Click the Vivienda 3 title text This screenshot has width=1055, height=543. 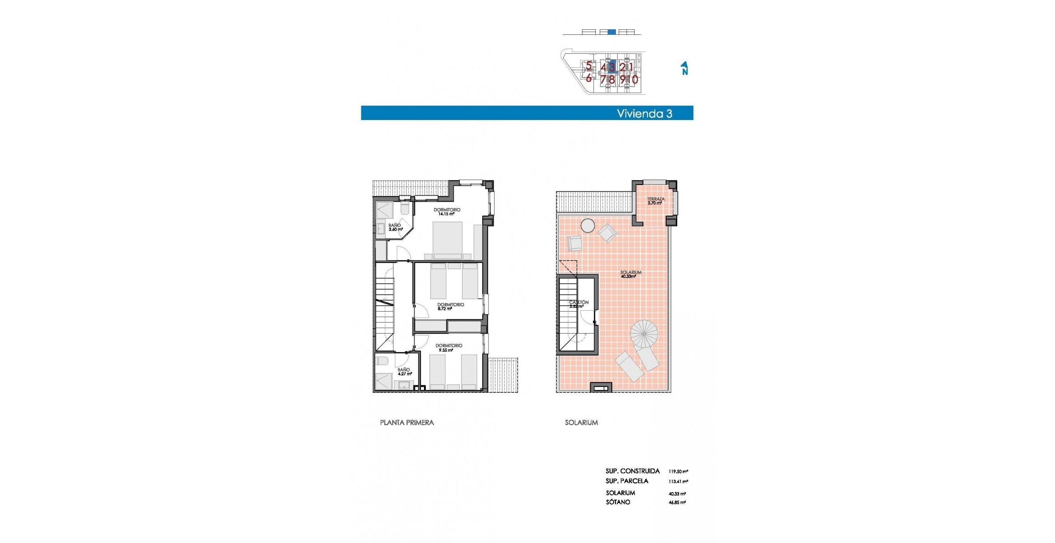point(644,114)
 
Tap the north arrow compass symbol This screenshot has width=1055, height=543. point(684,68)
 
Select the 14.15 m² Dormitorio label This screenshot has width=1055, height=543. point(446,212)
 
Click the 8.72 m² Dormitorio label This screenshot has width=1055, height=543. point(450,307)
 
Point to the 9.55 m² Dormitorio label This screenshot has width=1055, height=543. point(448,348)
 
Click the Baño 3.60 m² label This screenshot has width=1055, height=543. point(395,227)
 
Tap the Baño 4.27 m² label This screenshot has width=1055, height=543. point(404,372)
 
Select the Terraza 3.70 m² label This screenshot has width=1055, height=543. point(655,201)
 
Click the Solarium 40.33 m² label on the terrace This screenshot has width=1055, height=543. point(630,274)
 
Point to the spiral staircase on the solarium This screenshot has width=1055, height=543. point(643,333)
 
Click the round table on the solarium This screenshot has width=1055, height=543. point(587,225)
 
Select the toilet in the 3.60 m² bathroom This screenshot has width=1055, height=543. point(405,209)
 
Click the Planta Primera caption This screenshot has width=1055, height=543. point(407,422)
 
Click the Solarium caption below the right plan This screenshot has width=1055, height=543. point(581,422)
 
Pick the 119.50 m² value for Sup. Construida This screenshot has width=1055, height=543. point(678,472)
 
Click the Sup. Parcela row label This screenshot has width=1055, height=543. point(626,481)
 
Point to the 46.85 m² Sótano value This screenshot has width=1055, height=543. point(677,503)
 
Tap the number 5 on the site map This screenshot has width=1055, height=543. point(588,66)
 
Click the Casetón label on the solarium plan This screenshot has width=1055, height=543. point(578,304)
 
